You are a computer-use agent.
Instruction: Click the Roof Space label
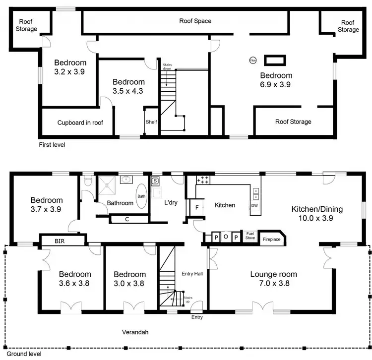pyautogui.click(x=195, y=21)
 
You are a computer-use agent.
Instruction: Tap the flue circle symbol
pyautogui.click(x=253, y=60)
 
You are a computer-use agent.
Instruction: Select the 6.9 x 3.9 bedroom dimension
pyautogui.click(x=276, y=85)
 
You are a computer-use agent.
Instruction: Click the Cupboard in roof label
pyautogui.click(x=80, y=122)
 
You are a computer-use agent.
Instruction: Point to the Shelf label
pyautogui.click(x=151, y=122)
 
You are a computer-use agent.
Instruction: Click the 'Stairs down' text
pyautogui.click(x=167, y=66)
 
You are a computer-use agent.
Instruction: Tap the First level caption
pyautogui.click(x=52, y=145)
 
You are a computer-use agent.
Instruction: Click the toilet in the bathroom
pyautogui.click(x=88, y=182)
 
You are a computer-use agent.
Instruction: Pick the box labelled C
pyautogui.click(x=127, y=219)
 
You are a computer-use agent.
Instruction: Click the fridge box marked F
pyautogui.click(x=196, y=207)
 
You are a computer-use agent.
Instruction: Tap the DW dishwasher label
pyautogui.click(x=254, y=205)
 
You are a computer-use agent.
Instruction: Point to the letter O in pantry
pyautogui.click(x=226, y=237)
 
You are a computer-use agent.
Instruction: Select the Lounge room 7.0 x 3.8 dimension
pyautogui.click(x=273, y=284)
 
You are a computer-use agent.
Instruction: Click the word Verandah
pyautogui.click(x=135, y=332)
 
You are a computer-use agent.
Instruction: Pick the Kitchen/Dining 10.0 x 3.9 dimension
pyautogui.click(x=316, y=218)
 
